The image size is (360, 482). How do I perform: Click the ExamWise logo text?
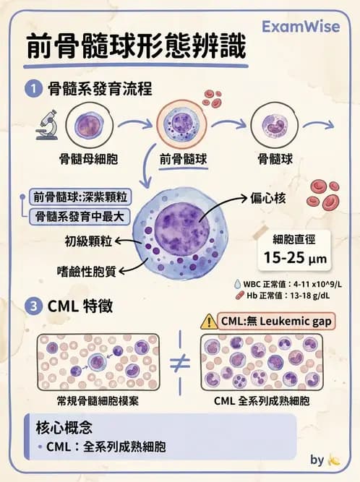[302, 27]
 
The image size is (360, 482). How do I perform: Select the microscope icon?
[47, 124]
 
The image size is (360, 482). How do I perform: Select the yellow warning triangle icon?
[210, 321]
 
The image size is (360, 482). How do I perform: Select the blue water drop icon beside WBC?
[239, 284]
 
